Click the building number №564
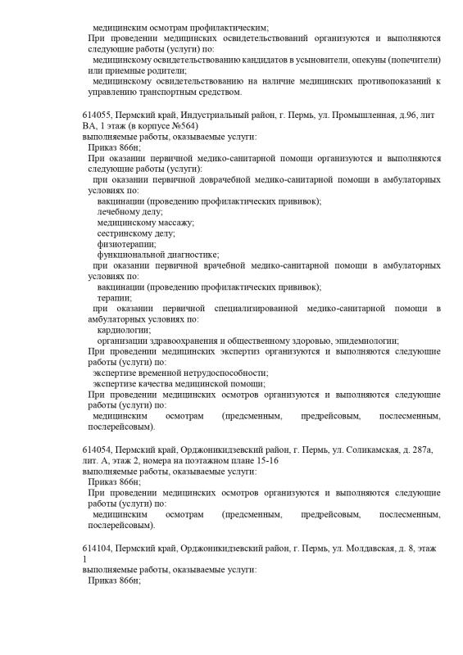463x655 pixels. (182, 129)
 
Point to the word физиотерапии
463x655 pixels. (125, 243)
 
